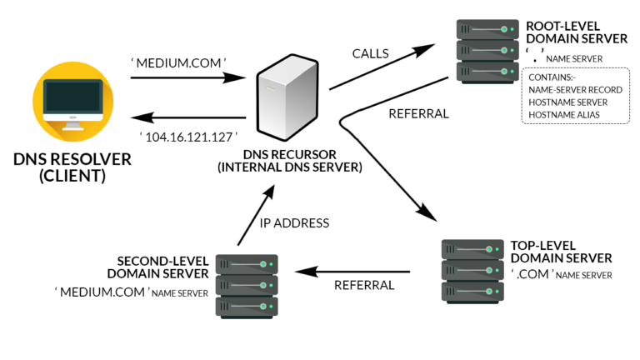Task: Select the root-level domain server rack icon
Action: point(482,48)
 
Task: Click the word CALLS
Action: point(370,54)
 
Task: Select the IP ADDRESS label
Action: point(294,222)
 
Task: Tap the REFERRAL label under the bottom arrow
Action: point(363,286)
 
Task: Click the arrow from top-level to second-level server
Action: point(354,271)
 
